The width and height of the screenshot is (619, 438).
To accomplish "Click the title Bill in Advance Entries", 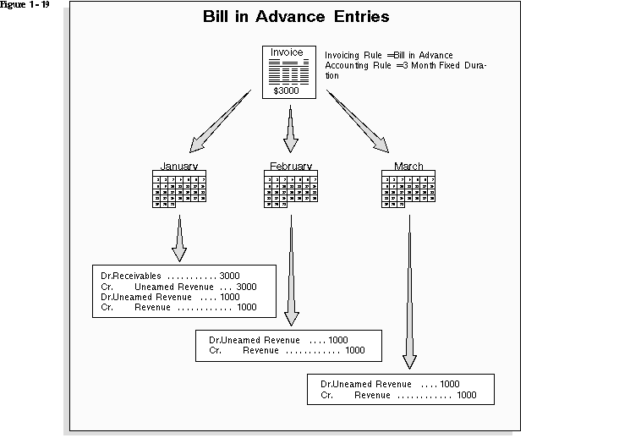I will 296,17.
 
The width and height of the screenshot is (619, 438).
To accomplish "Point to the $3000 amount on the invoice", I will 286,90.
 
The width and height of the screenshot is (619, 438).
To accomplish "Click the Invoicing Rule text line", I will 388,56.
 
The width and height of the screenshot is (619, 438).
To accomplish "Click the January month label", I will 178,167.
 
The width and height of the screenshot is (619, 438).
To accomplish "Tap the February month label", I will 290,167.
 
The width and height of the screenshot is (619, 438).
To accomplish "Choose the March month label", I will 408,167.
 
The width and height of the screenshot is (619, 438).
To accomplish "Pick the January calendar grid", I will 179,190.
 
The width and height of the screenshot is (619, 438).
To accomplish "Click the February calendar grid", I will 290,190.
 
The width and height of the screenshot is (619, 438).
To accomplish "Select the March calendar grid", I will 408,190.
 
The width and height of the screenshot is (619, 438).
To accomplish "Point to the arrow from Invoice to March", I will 363,117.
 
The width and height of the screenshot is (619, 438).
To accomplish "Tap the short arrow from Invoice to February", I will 290,128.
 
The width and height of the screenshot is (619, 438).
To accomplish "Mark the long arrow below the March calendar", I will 409,287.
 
